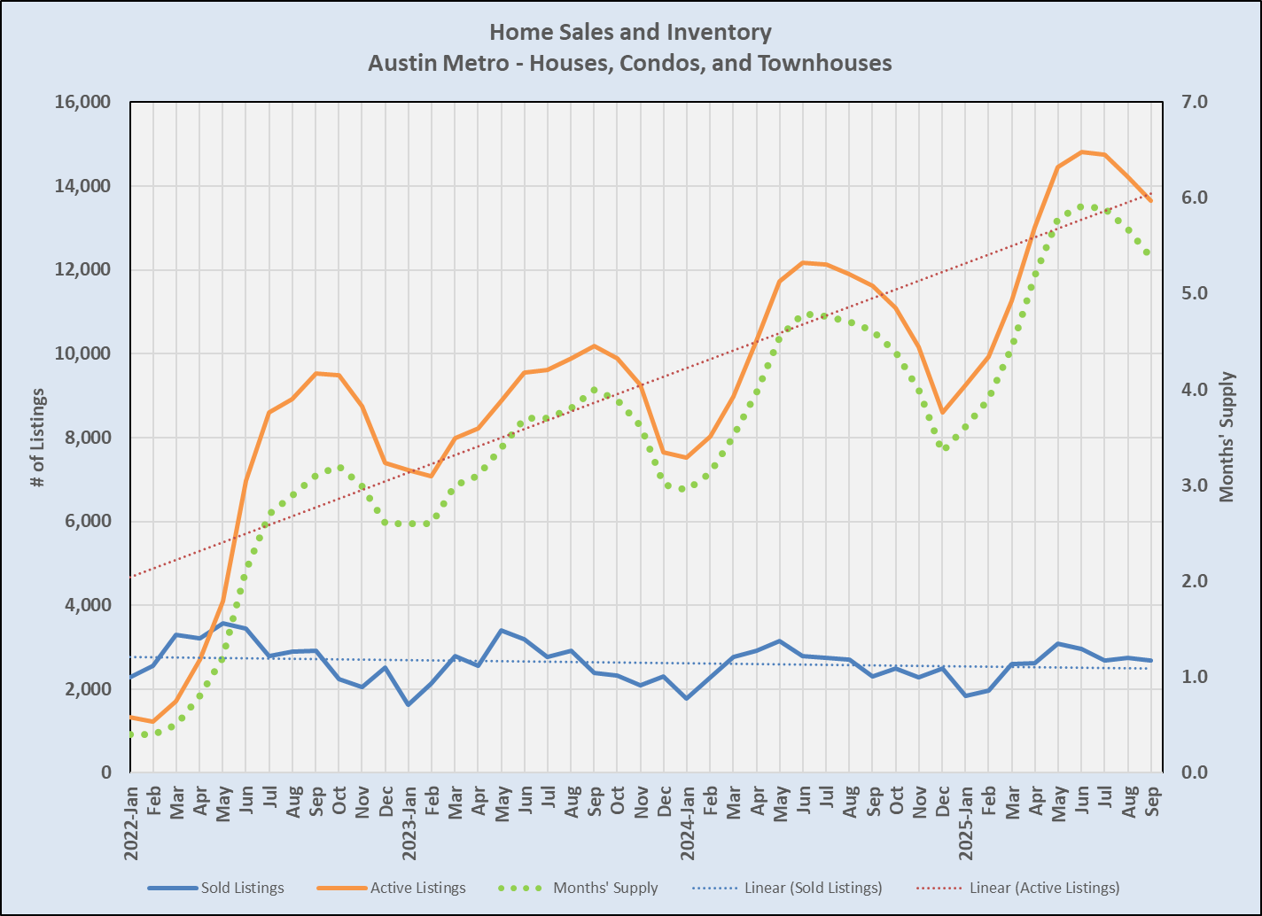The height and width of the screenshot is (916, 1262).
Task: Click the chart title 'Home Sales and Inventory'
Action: click(630, 33)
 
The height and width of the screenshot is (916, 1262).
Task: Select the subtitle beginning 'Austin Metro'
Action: click(630, 64)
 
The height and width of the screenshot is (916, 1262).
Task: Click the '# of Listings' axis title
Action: click(37, 437)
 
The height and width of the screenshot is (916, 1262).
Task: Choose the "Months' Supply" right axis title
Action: click(1227, 437)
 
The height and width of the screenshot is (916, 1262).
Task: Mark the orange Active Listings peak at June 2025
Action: click(1081, 151)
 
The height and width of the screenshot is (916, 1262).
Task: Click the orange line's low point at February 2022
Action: click(154, 721)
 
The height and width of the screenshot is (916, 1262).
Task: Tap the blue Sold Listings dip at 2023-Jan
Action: click(409, 705)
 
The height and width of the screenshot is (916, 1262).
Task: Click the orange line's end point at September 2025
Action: click(1150, 201)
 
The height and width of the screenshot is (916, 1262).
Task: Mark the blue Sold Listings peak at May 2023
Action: click(502, 630)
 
